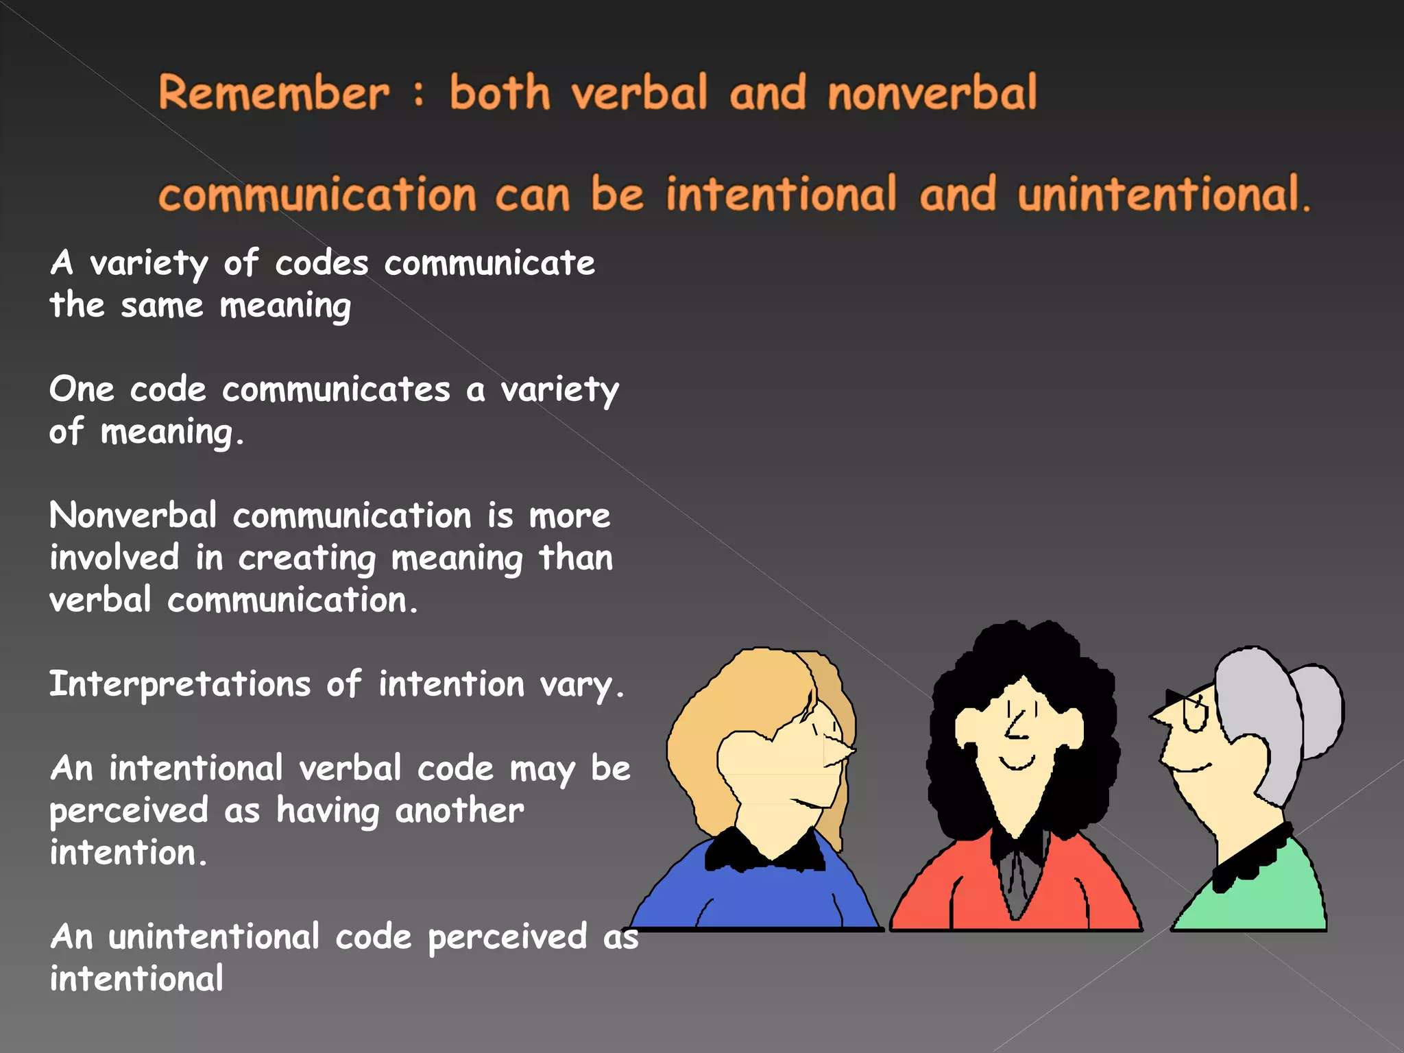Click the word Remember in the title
274,93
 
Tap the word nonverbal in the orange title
932,93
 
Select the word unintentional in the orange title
1159,194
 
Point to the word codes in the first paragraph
322,264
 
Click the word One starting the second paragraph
82,389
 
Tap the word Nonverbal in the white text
133,516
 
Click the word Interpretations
180,684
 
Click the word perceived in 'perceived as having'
129,812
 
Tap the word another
459,810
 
